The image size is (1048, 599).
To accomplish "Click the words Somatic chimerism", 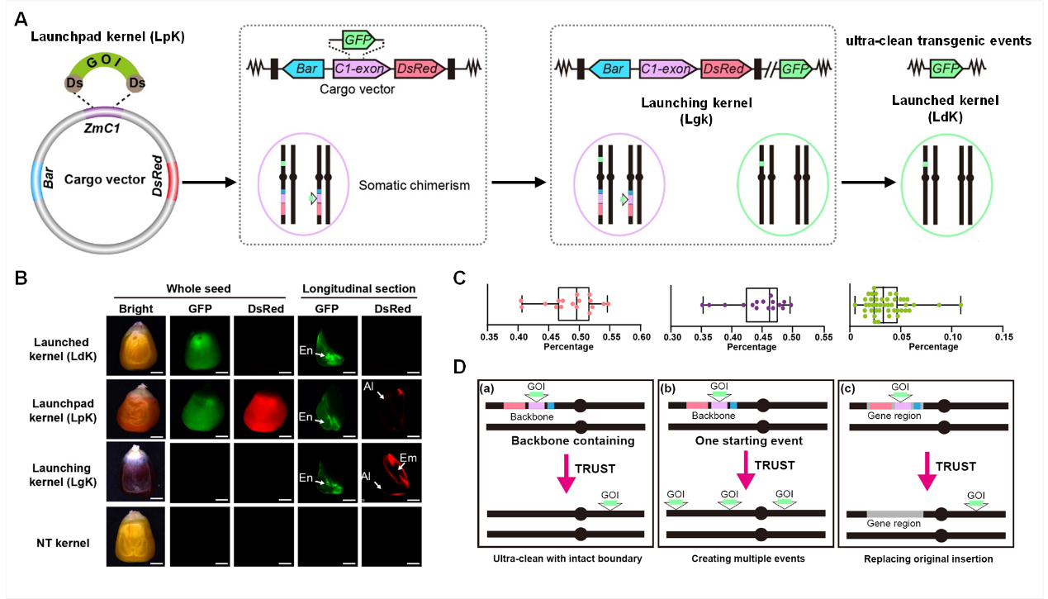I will coord(414,186).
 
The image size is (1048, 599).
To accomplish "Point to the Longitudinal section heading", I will coord(358,289).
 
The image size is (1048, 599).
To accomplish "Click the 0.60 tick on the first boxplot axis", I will coord(641,336).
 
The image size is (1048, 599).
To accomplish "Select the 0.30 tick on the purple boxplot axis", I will coord(672,336).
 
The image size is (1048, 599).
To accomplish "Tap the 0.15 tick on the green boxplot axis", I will coord(1003,336).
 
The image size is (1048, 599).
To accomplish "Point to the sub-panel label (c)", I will coord(853,387).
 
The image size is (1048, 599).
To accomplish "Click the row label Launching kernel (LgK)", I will coord(63,474).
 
